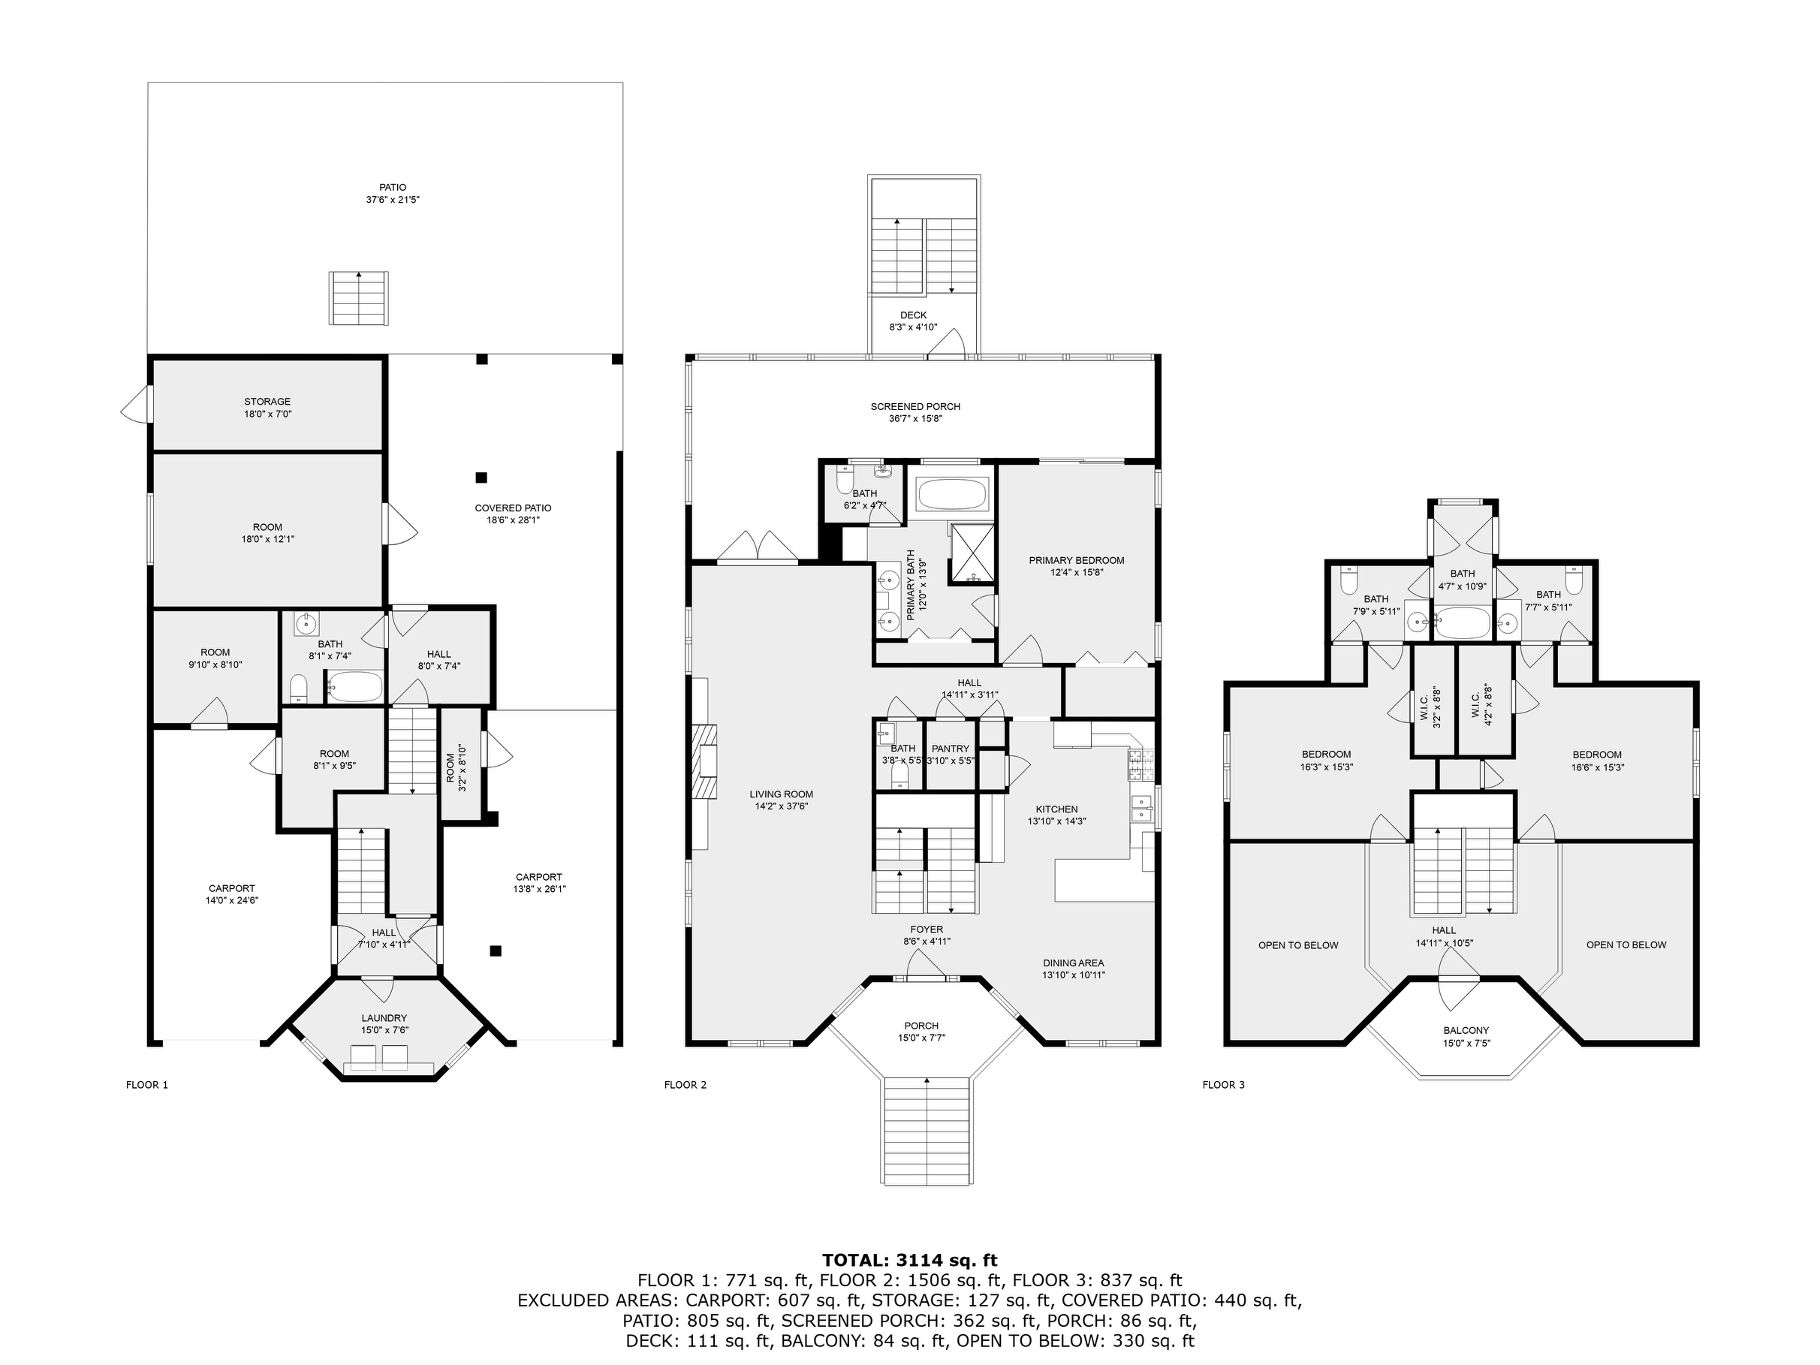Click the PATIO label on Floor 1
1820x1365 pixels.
pyautogui.click(x=393, y=188)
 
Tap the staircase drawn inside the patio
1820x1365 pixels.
pyautogui.click(x=359, y=298)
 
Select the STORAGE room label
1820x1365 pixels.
pyautogui.click(x=267, y=402)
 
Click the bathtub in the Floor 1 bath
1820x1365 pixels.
pyautogui.click(x=355, y=686)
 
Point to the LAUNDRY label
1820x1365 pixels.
pyautogui.click(x=384, y=1018)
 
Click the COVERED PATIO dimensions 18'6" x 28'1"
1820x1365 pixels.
pyautogui.click(x=513, y=520)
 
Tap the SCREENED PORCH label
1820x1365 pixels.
pyautogui.click(x=916, y=406)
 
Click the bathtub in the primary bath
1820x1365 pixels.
pyautogui.click(x=951, y=495)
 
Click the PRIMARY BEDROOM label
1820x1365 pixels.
pyautogui.click(x=1076, y=560)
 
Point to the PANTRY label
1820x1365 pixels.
pyautogui.click(x=951, y=749)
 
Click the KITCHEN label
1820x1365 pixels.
pyautogui.click(x=1056, y=809)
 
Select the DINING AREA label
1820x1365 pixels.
pyautogui.click(x=1073, y=963)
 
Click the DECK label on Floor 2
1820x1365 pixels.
pyautogui.click(x=913, y=315)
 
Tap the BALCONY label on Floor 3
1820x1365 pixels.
pyautogui.click(x=1466, y=1030)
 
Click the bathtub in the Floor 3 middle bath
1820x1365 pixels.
pyautogui.click(x=1462, y=623)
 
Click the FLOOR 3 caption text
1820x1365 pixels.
pyautogui.click(x=1224, y=1084)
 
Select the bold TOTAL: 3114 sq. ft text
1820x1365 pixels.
pyautogui.click(x=910, y=1260)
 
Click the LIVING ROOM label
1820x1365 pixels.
pyautogui.click(x=781, y=794)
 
